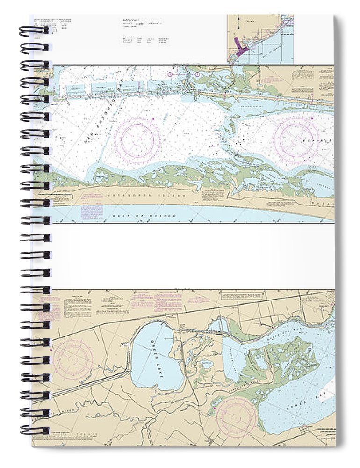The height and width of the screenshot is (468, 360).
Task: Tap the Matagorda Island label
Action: (140, 193)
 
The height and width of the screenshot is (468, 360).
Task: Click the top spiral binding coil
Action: (34, 31)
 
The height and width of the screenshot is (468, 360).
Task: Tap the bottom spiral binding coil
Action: (34, 431)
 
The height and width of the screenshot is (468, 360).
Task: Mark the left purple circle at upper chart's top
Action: (170, 74)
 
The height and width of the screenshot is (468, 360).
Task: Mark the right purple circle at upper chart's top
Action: (198, 74)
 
